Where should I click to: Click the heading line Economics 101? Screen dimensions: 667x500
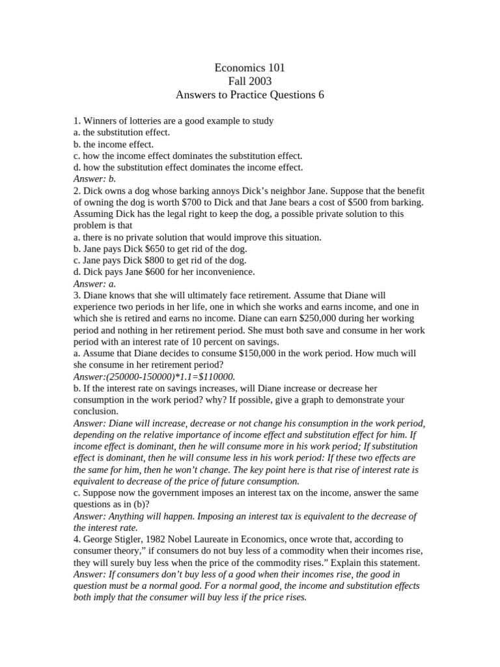click(250, 68)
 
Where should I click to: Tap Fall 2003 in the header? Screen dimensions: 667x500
click(250, 81)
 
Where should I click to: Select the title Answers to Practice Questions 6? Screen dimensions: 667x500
click(250, 95)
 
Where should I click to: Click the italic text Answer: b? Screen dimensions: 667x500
click(94, 178)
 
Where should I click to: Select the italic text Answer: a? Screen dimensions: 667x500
click(94, 283)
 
